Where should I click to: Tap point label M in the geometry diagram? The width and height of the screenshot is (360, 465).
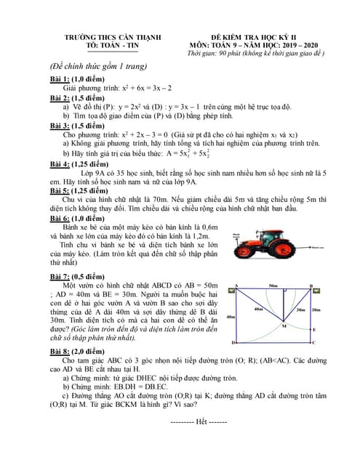[284, 326]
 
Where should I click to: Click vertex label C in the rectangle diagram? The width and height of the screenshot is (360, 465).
[313, 341]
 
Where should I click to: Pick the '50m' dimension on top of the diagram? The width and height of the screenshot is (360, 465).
[272, 286]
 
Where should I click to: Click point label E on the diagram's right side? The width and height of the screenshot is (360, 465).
[313, 329]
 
